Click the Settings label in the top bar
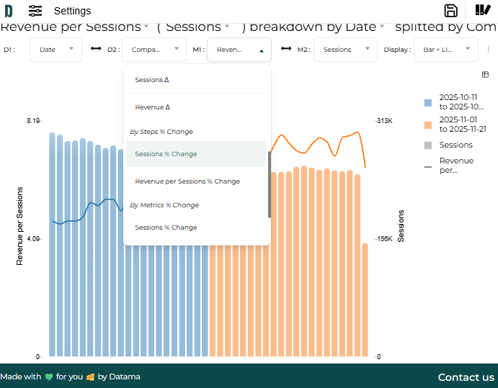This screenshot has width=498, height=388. point(72,11)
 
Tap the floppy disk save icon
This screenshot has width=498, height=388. point(451,10)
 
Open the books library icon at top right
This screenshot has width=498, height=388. point(483,10)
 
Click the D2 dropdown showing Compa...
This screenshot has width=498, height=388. point(154,50)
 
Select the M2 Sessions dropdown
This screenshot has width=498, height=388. point(346,50)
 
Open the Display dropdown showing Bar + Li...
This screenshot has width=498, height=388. point(445,50)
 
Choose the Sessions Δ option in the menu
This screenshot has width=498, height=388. point(152,80)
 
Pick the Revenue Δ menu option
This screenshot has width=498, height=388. point(153,107)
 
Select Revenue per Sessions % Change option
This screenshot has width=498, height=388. point(187,181)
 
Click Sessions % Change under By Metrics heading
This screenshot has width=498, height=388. point(166,227)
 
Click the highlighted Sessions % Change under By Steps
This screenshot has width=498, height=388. point(166,154)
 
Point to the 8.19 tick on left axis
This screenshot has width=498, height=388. point(33,121)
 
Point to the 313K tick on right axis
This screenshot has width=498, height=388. point(384,121)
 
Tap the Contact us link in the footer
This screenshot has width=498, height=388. point(466,377)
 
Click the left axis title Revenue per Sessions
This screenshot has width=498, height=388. point(20,227)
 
